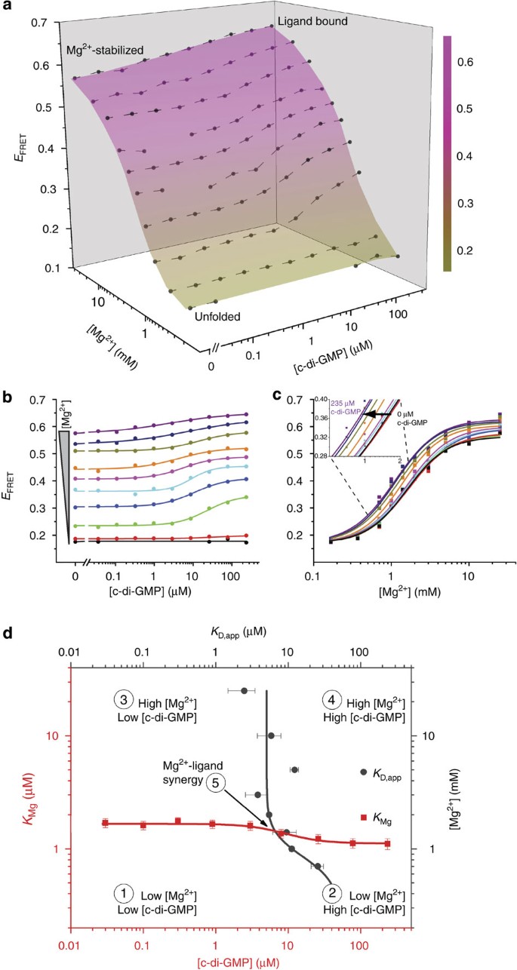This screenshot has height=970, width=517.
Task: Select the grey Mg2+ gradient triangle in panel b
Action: pyautogui.click(x=66, y=468)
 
